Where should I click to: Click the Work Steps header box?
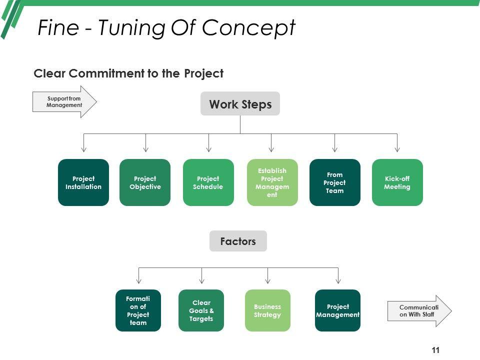tap(240, 104)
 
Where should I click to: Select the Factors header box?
tap(238, 241)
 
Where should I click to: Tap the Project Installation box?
tap(83, 182)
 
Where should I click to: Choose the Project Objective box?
tap(145, 182)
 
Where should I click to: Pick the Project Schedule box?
tap(208, 182)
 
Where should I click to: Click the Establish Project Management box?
tap(272, 182)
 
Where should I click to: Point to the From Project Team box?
tap(334, 182)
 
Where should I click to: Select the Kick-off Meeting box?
tap(397, 182)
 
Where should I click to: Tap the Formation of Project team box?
tap(138, 310)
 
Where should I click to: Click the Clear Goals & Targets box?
tap(201, 310)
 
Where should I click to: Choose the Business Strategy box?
tap(267, 310)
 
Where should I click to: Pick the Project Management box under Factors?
tap(337, 310)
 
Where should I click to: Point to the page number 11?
tap(435, 350)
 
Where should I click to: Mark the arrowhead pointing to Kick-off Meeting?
tap(397, 148)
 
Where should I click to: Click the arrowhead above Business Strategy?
tap(268, 280)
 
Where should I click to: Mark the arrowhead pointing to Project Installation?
tap(84, 148)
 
